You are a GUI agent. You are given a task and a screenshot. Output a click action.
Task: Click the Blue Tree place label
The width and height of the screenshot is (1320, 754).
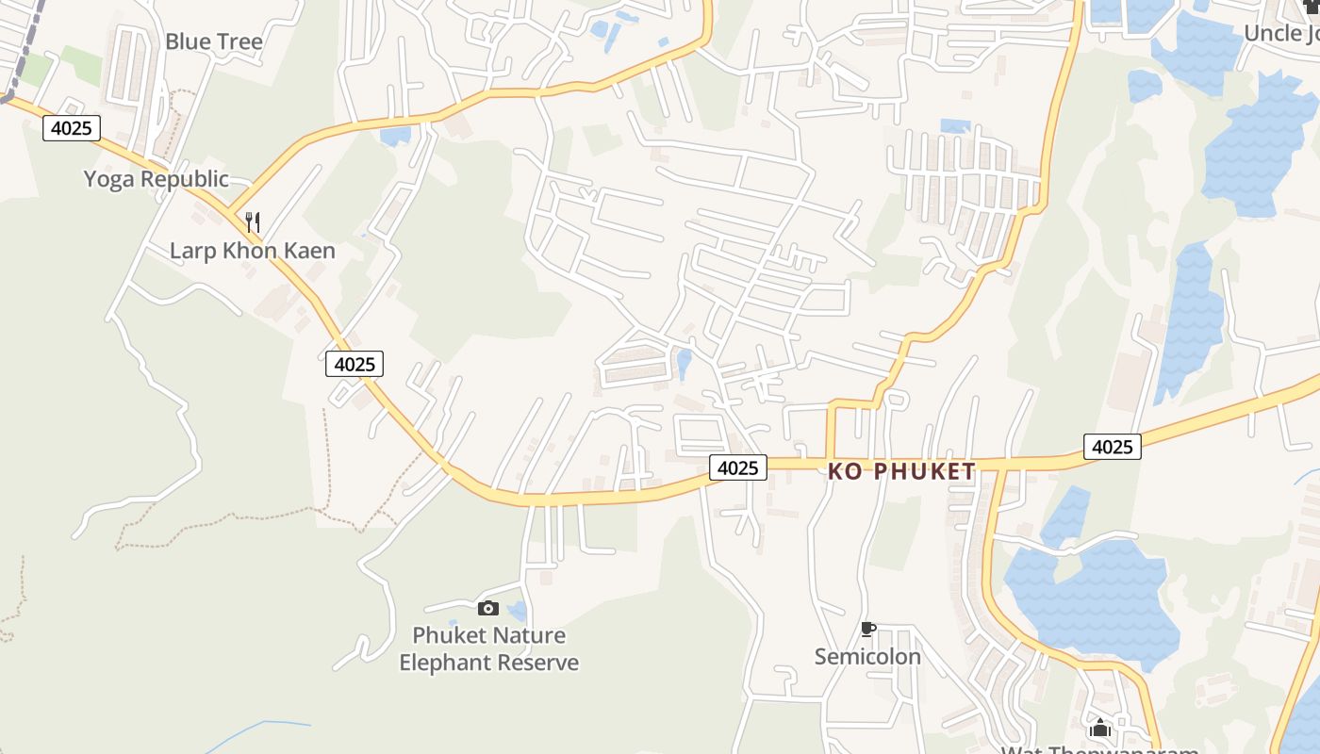tap(214, 41)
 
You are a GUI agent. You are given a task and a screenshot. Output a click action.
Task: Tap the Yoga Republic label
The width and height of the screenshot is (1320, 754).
tap(156, 179)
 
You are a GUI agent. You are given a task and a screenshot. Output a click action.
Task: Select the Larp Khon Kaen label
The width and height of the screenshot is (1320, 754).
tap(252, 251)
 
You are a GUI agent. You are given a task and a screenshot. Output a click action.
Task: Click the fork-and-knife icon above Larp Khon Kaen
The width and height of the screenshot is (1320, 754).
tap(253, 222)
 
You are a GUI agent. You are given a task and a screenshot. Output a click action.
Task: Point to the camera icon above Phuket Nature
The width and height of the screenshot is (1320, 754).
tap(487, 608)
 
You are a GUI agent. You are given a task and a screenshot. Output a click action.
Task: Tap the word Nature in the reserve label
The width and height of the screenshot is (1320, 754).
tap(529, 635)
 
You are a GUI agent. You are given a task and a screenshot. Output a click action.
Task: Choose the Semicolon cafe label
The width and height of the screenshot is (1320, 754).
tap(867, 656)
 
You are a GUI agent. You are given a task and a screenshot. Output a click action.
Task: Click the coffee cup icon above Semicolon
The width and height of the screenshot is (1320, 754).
tap(868, 629)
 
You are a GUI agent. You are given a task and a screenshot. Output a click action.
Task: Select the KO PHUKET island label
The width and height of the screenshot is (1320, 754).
tap(901, 471)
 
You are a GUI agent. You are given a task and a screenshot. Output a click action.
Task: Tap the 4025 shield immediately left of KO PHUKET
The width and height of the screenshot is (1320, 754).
tap(737, 467)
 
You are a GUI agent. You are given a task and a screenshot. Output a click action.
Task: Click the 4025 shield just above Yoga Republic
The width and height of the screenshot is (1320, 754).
tap(72, 128)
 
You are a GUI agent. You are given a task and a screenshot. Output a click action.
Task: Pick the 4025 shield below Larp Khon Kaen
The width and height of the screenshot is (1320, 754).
tap(355, 364)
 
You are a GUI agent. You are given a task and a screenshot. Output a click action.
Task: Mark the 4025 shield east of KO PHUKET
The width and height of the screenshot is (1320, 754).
tap(1112, 447)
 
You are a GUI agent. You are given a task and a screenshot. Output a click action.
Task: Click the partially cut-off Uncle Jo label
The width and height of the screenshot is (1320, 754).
tap(1281, 34)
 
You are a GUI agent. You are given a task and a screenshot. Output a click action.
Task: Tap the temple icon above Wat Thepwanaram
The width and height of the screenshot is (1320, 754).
tap(1099, 728)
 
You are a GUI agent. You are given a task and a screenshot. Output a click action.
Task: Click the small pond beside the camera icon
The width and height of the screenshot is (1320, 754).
tap(517, 612)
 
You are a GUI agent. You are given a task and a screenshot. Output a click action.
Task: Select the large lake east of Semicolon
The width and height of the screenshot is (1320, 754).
tap(1094, 594)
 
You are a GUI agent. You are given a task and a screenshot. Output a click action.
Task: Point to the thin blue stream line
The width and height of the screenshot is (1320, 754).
tap(264, 725)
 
